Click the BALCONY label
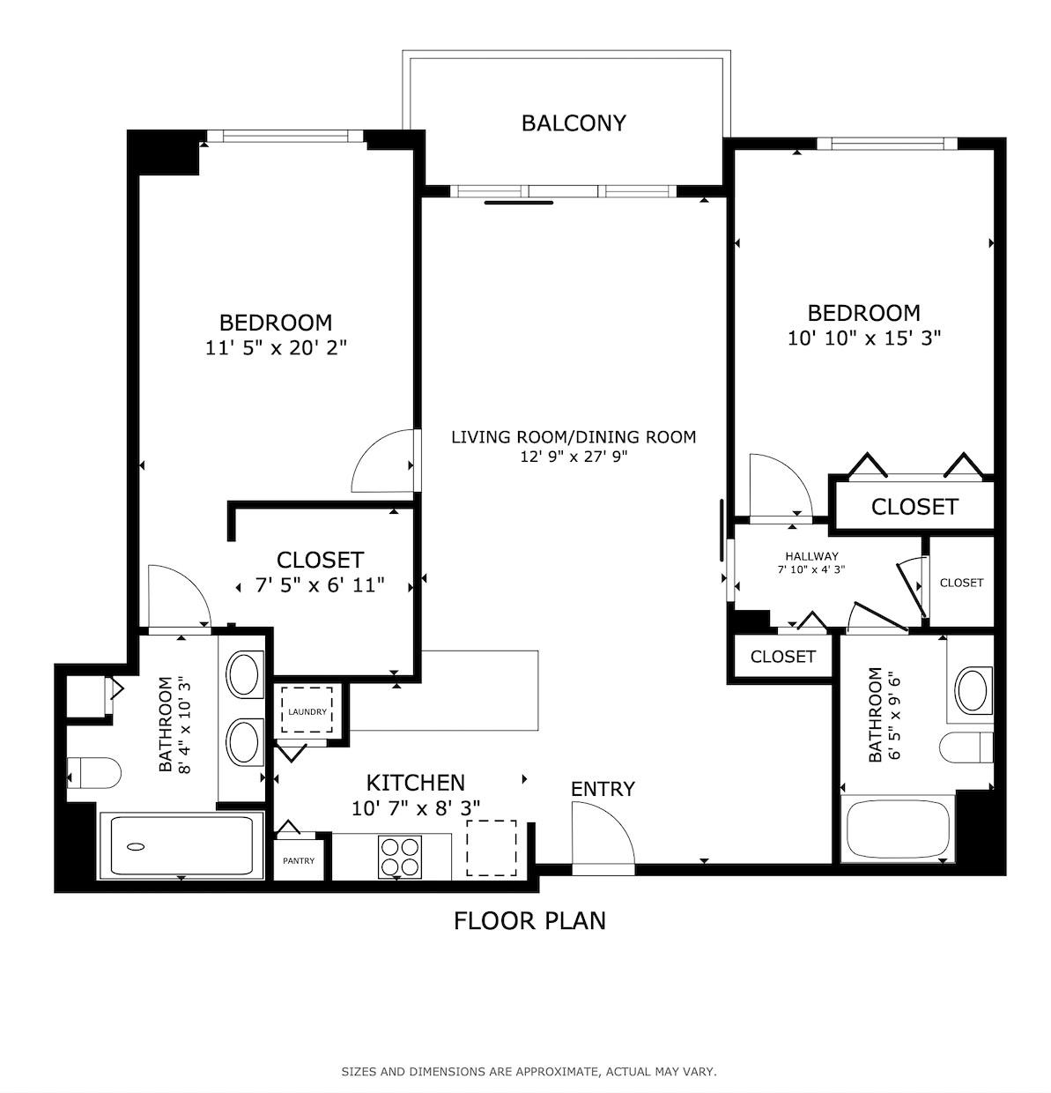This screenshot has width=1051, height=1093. [x=574, y=123]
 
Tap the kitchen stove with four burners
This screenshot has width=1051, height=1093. [x=400, y=856]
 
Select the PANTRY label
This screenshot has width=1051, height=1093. [x=299, y=861]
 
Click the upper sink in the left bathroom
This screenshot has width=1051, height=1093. [x=245, y=674]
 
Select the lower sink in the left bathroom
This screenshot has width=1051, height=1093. [x=245, y=741]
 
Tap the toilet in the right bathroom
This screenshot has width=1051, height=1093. [x=966, y=748]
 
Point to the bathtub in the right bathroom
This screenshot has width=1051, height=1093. [x=898, y=830]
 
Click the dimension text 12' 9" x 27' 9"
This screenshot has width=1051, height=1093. [x=574, y=457]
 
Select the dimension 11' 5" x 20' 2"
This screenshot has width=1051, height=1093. [x=276, y=348]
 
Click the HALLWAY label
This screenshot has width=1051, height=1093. [x=811, y=556]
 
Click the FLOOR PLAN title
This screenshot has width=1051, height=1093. [x=529, y=921]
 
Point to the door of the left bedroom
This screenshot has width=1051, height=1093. [x=383, y=460]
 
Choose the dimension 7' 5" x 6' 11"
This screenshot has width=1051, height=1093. [x=320, y=585]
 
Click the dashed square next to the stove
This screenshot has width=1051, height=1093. [x=492, y=847]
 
